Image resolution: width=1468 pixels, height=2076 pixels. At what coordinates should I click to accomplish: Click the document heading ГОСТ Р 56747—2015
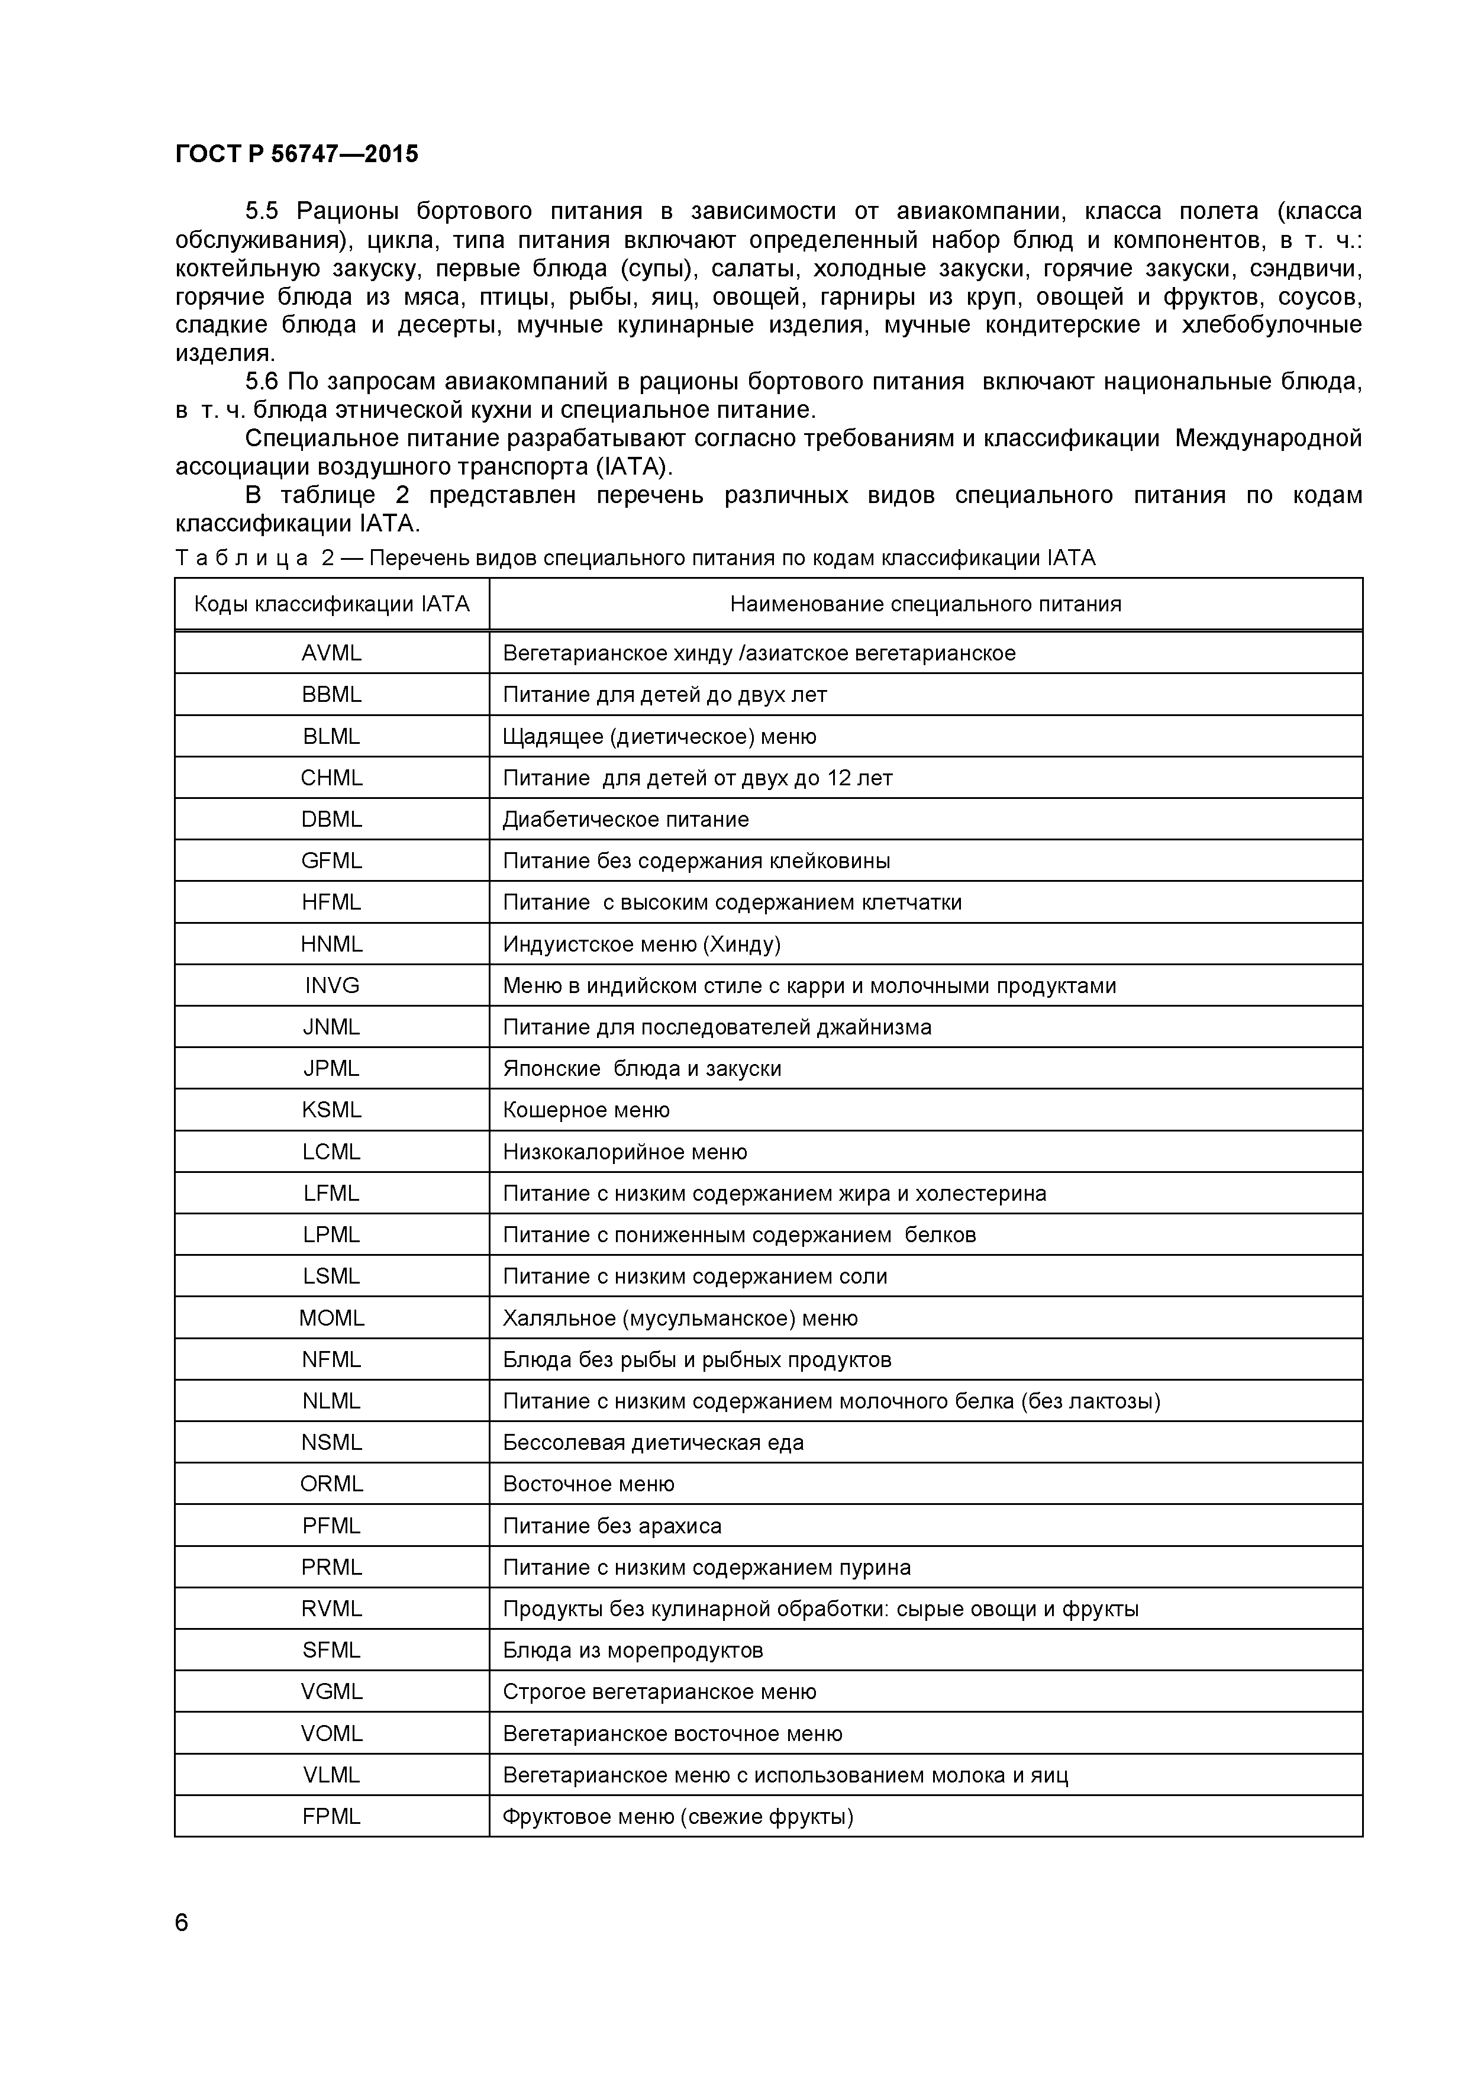pyautogui.click(x=296, y=154)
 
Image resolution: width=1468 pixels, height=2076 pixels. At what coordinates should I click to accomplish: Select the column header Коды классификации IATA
pyautogui.click(x=332, y=604)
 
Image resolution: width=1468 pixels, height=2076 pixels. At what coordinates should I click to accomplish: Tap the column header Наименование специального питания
pyautogui.click(x=925, y=604)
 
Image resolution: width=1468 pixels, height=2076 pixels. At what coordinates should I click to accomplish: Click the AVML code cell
pyautogui.click(x=332, y=653)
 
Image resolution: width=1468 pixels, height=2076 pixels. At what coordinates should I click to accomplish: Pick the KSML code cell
pyautogui.click(x=332, y=1110)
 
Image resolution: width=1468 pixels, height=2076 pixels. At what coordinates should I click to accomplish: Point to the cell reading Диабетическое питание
pyautogui.click(x=625, y=819)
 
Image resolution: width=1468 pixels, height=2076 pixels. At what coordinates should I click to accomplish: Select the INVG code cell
pyautogui.click(x=332, y=985)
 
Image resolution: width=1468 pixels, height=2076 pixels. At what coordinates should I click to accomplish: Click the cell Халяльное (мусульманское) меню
pyautogui.click(x=680, y=1319)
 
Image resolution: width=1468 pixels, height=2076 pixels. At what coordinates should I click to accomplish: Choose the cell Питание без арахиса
pyautogui.click(x=612, y=1526)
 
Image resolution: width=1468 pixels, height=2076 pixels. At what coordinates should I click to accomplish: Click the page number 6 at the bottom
pyautogui.click(x=182, y=1922)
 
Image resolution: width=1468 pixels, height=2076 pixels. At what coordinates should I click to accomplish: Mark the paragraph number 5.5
pyautogui.click(x=262, y=212)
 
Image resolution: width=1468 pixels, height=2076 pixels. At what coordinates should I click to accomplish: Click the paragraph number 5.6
pyautogui.click(x=262, y=382)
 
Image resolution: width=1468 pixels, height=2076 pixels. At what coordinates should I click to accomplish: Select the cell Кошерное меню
pyautogui.click(x=586, y=1110)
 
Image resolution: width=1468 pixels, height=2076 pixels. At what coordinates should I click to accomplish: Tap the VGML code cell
pyautogui.click(x=332, y=1693)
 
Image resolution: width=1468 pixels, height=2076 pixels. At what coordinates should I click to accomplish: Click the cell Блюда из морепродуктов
pyautogui.click(x=633, y=1651)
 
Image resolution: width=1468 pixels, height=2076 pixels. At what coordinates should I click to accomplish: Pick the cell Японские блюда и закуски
pyautogui.click(x=642, y=1069)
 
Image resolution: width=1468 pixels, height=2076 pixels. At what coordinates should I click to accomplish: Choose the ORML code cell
pyautogui.click(x=332, y=1485)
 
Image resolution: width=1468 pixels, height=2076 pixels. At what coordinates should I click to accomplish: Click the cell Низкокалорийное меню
pyautogui.click(x=625, y=1152)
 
